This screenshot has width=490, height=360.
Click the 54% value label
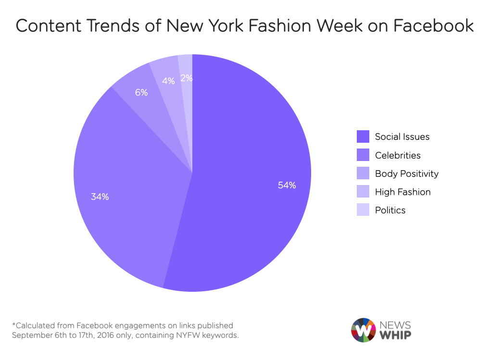click(x=287, y=185)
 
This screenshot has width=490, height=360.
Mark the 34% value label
click(x=100, y=197)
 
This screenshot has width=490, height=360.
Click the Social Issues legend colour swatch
click(x=363, y=137)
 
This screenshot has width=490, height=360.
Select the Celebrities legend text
click(x=398, y=155)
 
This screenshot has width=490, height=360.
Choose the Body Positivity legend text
click(x=407, y=174)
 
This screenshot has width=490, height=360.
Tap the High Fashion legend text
click(x=402, y=192)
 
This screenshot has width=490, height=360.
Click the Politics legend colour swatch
click(x=363, y=210)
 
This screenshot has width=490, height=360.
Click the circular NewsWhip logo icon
click(x=363, y=330)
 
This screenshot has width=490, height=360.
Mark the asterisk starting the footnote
click(x=14, y=325)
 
